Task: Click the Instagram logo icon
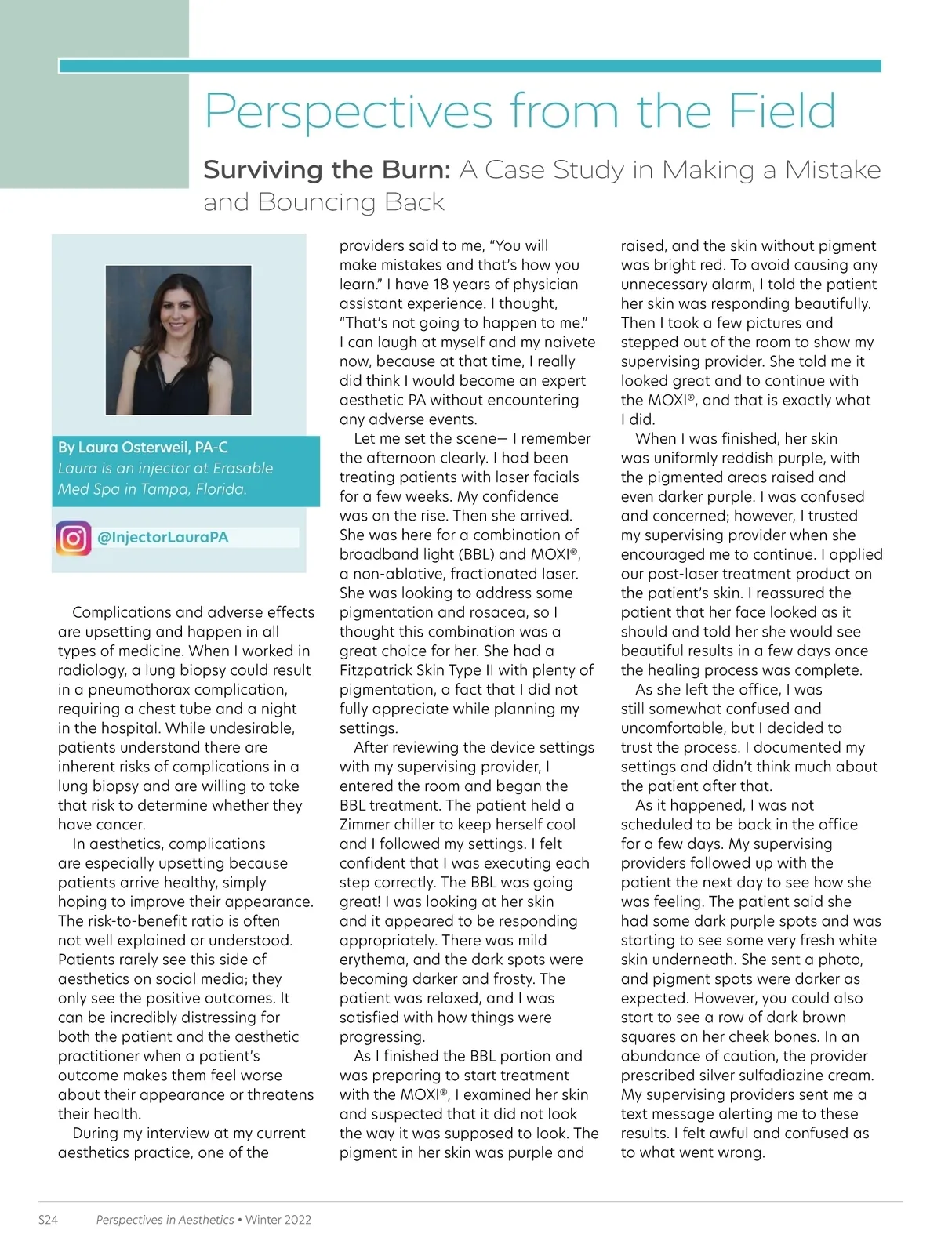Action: point(73,538)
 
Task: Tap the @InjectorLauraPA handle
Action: point(162,538)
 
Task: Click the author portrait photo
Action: point(179,339)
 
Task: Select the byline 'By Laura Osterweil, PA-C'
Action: point(143,448)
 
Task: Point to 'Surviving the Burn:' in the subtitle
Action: point(327,170)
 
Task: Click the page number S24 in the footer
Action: point(48,1220)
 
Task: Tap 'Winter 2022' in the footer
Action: point(278,1220)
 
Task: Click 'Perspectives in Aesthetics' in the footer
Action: point(165,1220)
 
